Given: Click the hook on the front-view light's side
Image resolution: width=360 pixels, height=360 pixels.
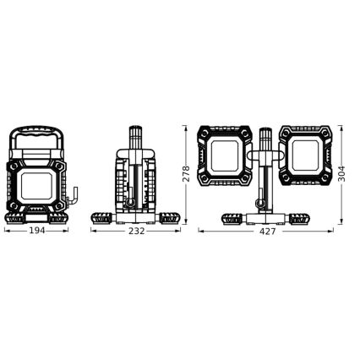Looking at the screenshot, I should click(74, 197).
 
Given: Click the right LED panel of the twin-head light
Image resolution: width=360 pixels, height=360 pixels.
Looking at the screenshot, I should click(303, 157).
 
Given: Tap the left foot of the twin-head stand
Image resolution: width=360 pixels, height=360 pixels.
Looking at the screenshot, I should click(232, 217).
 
